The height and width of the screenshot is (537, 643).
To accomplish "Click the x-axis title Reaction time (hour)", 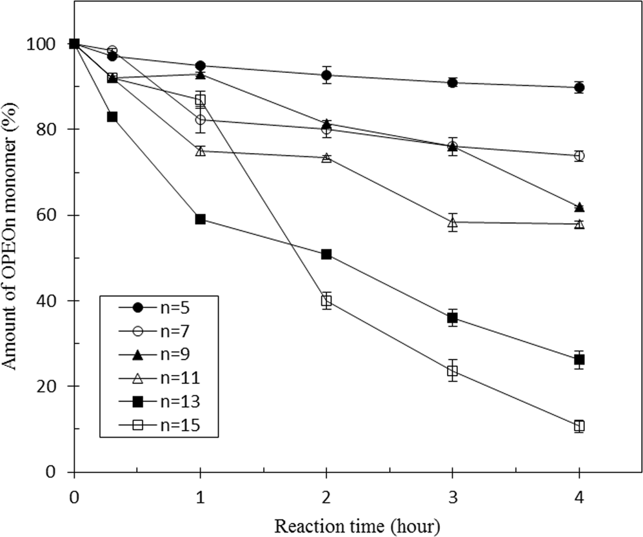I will point(358,524).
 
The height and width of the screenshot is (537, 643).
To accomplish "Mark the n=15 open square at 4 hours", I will point(579,426).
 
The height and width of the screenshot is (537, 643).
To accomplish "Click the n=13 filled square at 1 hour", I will point(200,219).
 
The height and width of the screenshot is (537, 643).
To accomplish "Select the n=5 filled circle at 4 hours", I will point(579,87).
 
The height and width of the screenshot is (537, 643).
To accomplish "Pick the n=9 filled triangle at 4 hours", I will point(579,207).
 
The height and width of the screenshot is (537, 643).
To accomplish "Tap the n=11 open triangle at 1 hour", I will point(200,151).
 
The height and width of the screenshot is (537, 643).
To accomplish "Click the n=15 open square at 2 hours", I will point(326,300).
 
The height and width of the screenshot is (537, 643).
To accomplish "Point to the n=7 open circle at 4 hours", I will point(579,156).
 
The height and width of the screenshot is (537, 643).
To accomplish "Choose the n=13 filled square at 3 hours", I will point(453,318).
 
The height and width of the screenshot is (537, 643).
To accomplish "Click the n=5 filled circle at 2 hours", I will point(326,75).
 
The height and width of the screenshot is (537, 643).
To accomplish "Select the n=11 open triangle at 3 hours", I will point(453,222).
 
